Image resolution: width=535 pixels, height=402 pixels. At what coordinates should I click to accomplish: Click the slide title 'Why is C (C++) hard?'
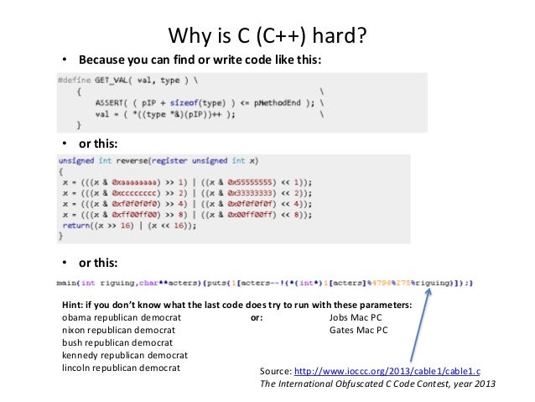click(x=267, y=37)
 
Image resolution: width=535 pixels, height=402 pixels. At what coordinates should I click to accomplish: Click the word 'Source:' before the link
click(x=276, y=370)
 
